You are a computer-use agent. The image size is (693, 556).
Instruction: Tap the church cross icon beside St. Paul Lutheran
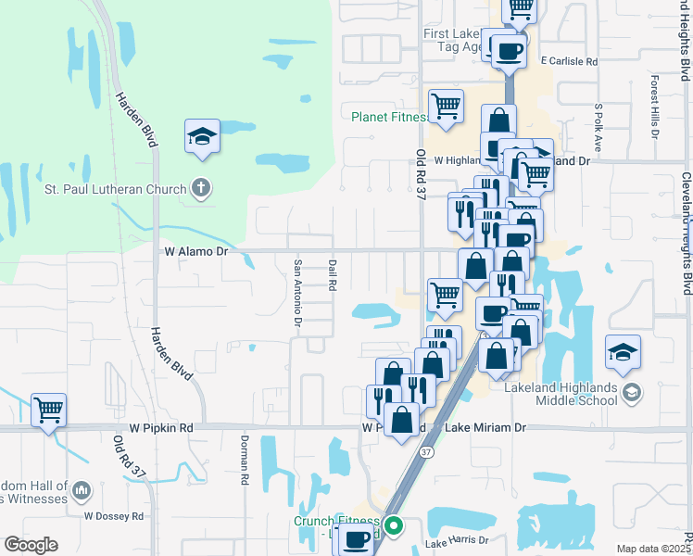pyautogui.click(x=200, y=189)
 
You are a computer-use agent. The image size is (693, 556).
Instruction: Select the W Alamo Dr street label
pyautogui.click(x=195, y=250)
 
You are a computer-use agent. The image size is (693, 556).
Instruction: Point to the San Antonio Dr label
pyautogui.click(x=298, y=293)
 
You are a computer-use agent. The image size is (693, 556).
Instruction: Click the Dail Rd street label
pyautogui.click(x=331, y=274)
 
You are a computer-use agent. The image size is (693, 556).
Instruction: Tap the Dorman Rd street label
pyautogui.click(x=246, y=461)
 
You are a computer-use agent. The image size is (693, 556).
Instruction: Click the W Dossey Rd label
pyautogui.click(x=114, y=515)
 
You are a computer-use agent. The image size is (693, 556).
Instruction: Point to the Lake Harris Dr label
pyautogui.click(x=457, y=540)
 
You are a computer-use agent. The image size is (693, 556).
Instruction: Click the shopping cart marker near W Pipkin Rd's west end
pyautogui.click(x=48, y=409)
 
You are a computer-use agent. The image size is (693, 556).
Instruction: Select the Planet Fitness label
pyautogui.click(x=390, y=118)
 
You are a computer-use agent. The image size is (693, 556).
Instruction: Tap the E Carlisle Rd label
pyautogui.click(x=569, y=60)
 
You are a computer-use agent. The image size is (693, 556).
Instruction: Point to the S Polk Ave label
pyautogui.click(x=598, y=127)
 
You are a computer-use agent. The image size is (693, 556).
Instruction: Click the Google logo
pyautogui.click(x=31, y=544)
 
